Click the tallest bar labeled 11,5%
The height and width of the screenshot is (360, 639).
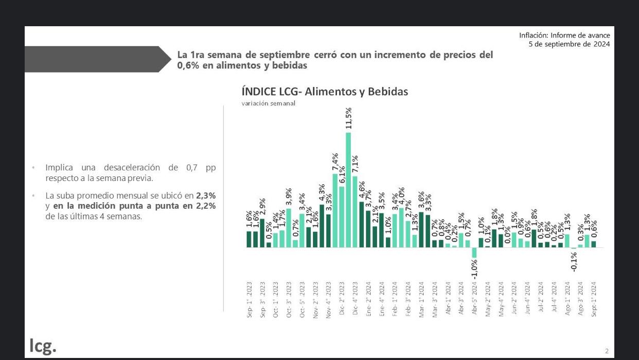click(348, 190)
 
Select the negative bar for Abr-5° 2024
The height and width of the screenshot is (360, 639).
click(474, 253)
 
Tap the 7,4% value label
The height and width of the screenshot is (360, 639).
click(335, 162)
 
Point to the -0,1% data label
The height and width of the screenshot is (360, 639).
click(574, 261)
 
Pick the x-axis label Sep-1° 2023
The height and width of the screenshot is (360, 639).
click(250, 299)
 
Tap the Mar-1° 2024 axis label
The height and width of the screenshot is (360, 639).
click(421, 299)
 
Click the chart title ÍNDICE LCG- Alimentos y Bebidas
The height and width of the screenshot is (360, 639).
click(325, 92)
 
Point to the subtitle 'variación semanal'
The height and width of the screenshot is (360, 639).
click(269, 103)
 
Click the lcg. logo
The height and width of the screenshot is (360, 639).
click(43, 346)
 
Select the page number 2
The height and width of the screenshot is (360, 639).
click(607, 351)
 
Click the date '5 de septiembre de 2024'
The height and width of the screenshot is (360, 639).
click(569, 44)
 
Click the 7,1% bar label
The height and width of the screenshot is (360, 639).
click(355, 165)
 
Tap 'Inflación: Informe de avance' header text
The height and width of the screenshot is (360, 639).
click(564, 35)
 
